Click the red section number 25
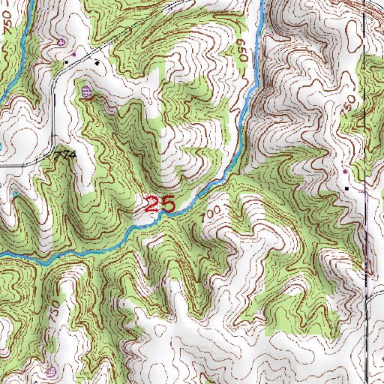[159, 203]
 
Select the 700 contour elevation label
[211, 214]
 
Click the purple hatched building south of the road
[86, 92]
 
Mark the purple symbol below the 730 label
[51, 371]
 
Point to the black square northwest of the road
[73, 56]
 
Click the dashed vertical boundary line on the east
[364, 225]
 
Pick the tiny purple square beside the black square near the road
[67, 58]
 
